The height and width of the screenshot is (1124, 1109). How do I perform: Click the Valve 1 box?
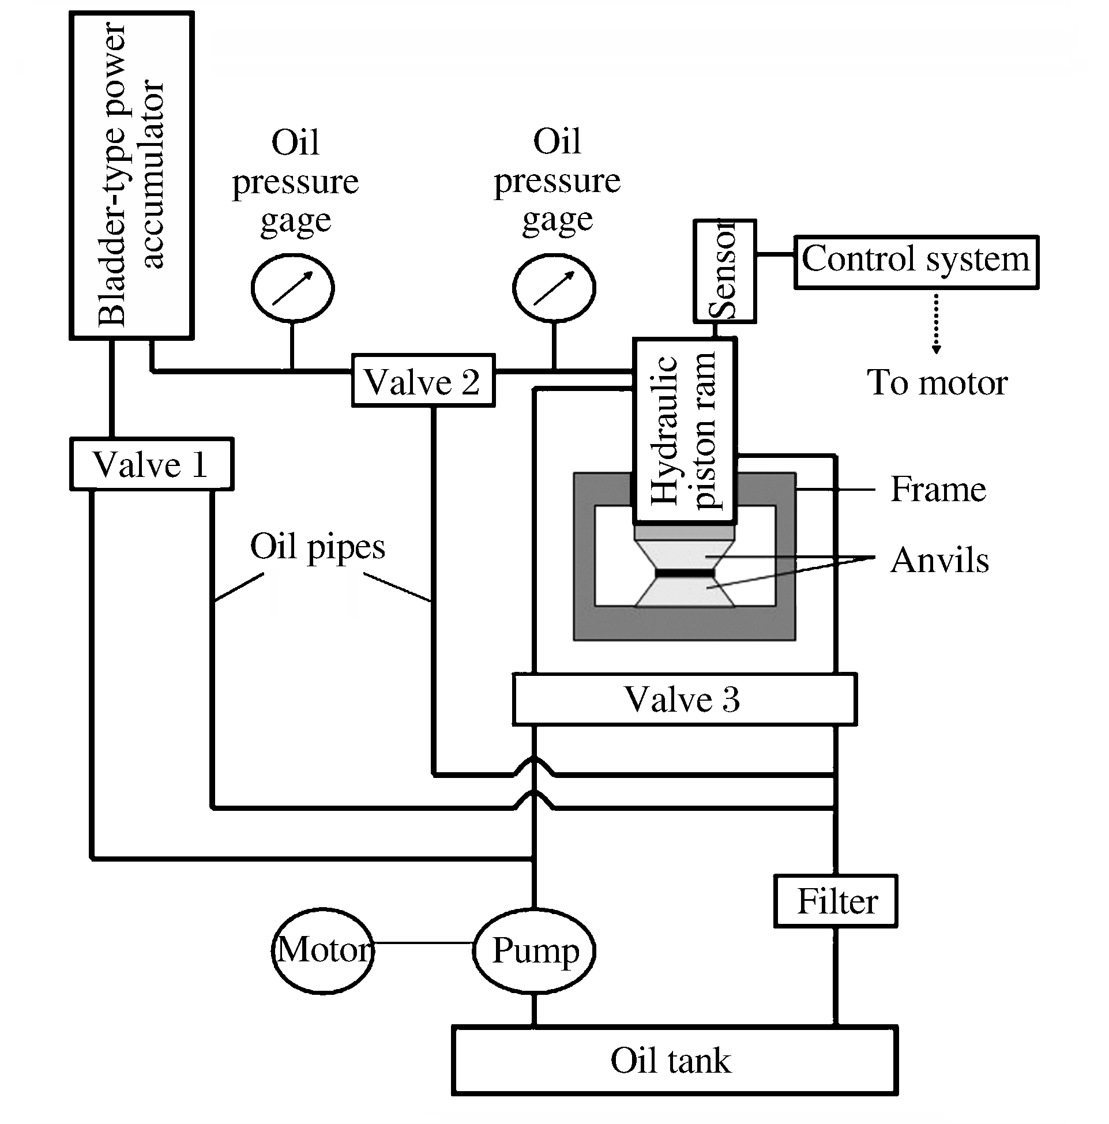[x=151, y=464]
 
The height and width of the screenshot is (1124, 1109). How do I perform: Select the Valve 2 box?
[x=423, y=381]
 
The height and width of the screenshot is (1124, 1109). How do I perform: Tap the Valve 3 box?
[x=683, y=699]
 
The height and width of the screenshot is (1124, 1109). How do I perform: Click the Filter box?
[x=836, y=901]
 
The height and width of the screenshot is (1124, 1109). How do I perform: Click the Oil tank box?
[x=674, y=1060]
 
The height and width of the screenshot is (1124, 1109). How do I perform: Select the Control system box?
[x=916, y=262]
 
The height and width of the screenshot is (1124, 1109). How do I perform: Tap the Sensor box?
[x=724, y=271]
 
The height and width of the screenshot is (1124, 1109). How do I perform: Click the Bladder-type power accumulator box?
[x=131, y=175]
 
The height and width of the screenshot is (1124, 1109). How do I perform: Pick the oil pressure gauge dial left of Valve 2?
[x=292, y=288]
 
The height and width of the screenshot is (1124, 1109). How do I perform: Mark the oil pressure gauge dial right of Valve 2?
[x=554, y=288]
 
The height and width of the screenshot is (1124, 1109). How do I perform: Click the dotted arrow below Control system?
[x=936, y=323]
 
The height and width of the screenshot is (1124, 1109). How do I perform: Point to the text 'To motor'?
[x=937, y=383]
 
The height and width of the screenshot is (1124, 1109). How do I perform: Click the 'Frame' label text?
[x=938, y=489]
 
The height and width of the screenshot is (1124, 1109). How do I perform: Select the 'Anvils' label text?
[x=939, y=560]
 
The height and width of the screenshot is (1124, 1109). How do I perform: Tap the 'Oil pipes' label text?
[x=318, y=547]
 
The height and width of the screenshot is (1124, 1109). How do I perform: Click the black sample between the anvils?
[x=684, y=574]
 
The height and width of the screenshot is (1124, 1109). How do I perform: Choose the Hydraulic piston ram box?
[x=685, y=431]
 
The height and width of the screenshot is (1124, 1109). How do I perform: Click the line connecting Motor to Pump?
[x=423, y=942]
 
